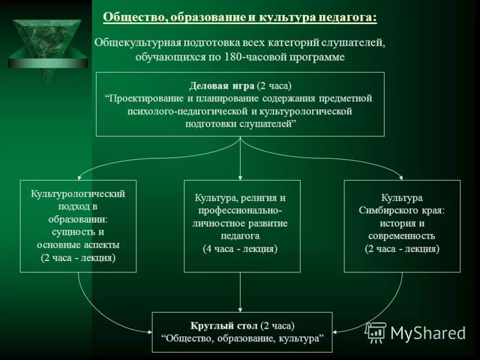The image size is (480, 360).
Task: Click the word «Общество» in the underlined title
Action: point(133,17)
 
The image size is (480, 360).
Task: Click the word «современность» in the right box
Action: point(402,236)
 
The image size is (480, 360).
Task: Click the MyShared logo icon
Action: point(376,332)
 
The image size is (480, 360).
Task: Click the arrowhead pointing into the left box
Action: point(78,176)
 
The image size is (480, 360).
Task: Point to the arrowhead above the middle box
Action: point(240,176)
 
